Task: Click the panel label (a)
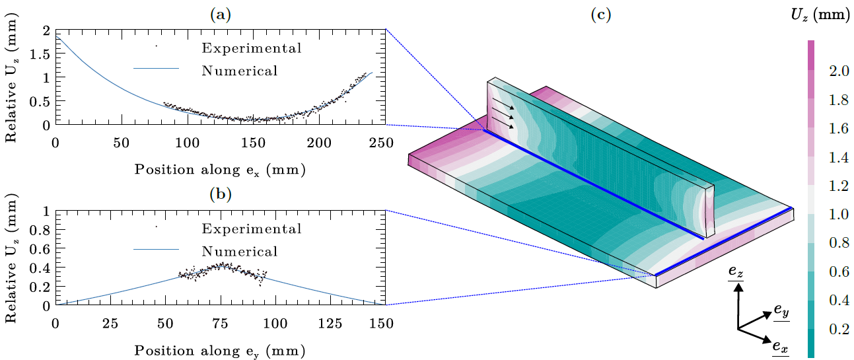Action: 220,16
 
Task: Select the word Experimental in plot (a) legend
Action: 252,48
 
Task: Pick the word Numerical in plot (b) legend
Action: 240,252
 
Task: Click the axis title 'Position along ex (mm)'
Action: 220,169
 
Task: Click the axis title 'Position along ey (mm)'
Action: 220,349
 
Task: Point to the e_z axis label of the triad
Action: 735,271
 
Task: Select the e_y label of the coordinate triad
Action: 781,310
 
